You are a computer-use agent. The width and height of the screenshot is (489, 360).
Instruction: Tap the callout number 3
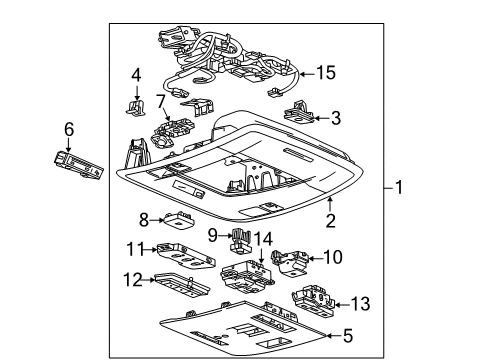(336, 119)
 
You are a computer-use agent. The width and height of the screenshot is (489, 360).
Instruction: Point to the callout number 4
(136, 74)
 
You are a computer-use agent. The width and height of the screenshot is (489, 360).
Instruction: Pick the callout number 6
(68, 129)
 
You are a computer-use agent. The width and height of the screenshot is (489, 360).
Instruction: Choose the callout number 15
(327, 72)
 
